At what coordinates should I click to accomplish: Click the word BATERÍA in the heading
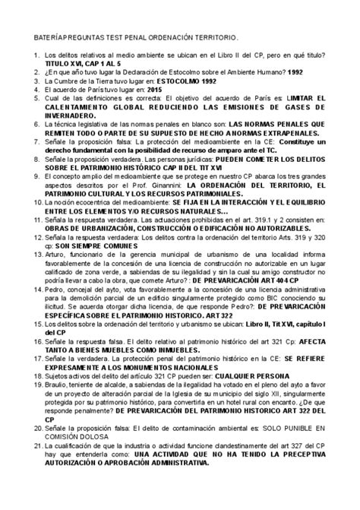point(44,37)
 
